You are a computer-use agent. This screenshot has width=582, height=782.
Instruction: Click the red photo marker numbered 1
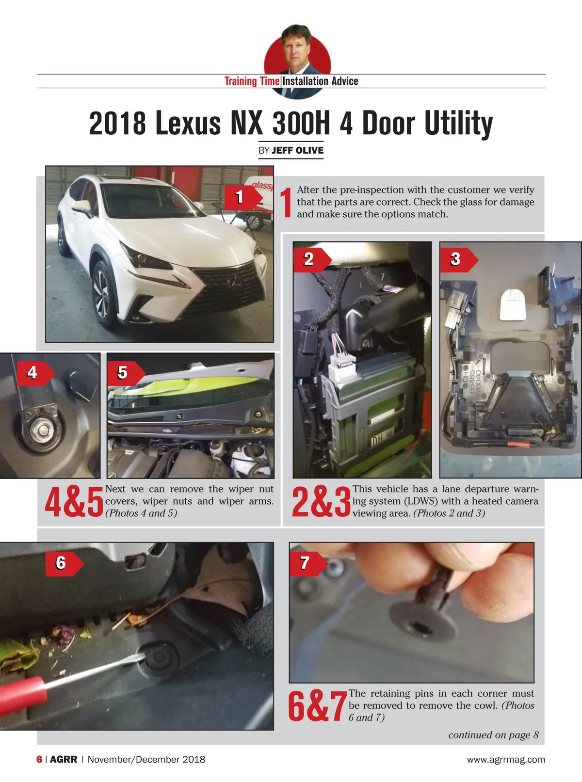[x=243, y=197]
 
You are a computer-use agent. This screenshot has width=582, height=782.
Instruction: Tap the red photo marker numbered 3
[x=459, y=259]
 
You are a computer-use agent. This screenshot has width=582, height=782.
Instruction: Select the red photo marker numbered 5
[x=126, y=373]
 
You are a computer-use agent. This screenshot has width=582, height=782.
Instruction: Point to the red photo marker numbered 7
[x=308, y=564]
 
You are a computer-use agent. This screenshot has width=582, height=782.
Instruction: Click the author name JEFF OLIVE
[x=297, y=151]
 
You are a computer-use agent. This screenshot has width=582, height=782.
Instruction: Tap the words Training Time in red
[x=252, y=81]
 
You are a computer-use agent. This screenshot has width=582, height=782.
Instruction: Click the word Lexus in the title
[x=188, y=123]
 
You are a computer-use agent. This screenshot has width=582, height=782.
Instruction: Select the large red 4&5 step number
[x=74, y=502]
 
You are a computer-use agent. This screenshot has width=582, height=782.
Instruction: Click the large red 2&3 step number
[x=322, y=502]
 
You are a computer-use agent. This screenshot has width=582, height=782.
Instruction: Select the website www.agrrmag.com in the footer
[x=506, y=759]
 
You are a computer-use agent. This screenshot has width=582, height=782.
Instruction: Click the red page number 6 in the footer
[x=39, y=759]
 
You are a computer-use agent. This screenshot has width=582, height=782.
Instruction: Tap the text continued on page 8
[x=493, y=735]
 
